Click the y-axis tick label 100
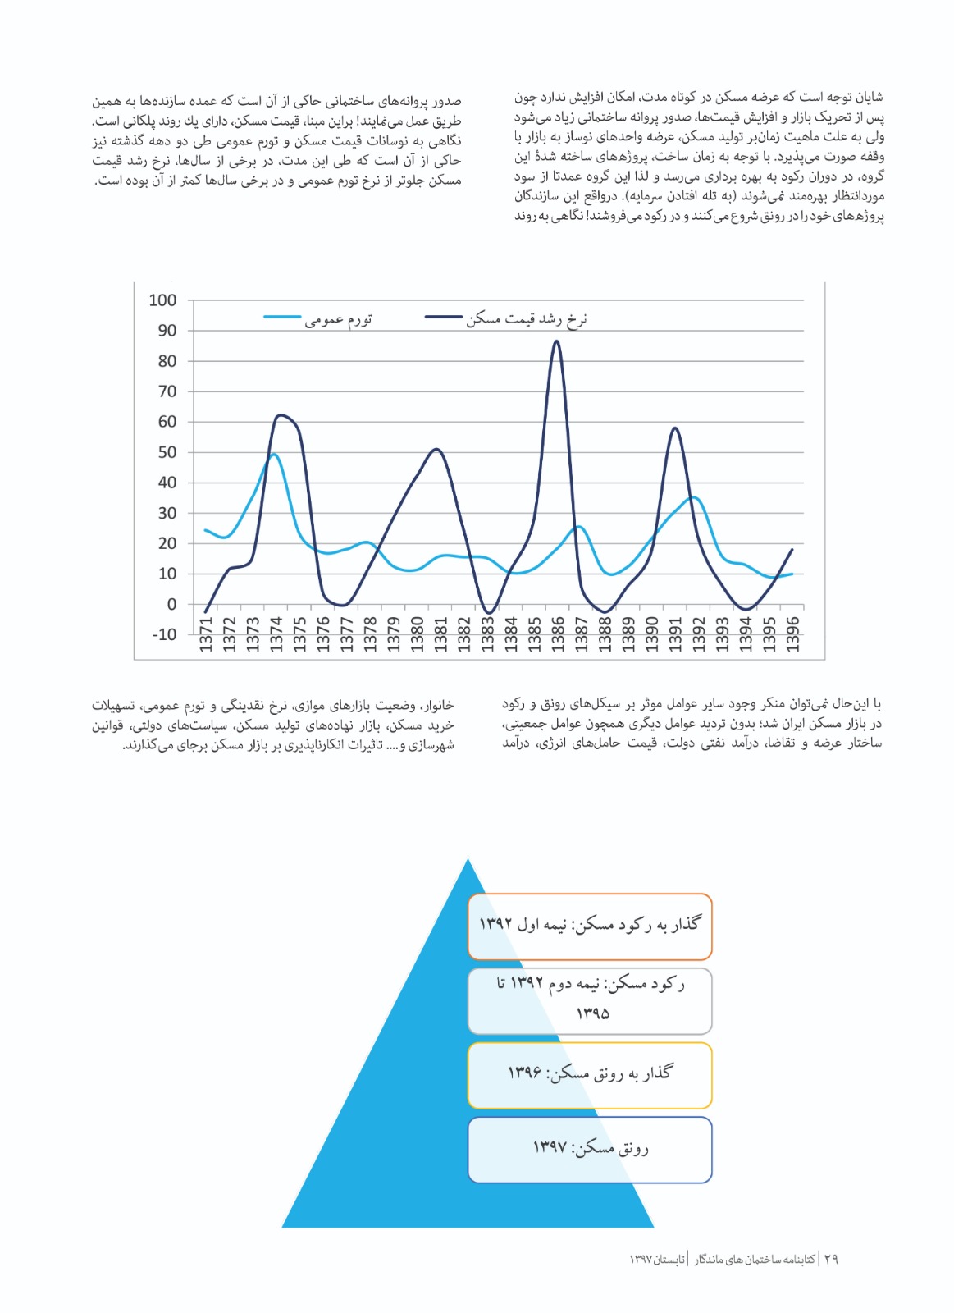tap(162, 300)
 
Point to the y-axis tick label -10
tap(164, 634)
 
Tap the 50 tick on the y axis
tap(167, 452)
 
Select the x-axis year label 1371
tap(206, 634)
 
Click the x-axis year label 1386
tap(558, 634)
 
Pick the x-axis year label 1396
tap(792, 634)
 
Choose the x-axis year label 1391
tap(675, 634)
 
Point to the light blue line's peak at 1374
tap(273, 454)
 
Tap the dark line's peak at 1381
tap(436, 449)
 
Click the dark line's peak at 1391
tap(674, 428)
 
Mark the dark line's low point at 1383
tap(488, 613)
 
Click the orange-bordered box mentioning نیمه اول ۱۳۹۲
tap(589, 926)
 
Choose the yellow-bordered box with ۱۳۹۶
tap(589, 1075)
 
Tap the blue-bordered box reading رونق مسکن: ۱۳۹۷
tap(589, 1150)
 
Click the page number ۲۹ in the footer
tap(831, 1259)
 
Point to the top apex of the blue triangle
tap(468, 860)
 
